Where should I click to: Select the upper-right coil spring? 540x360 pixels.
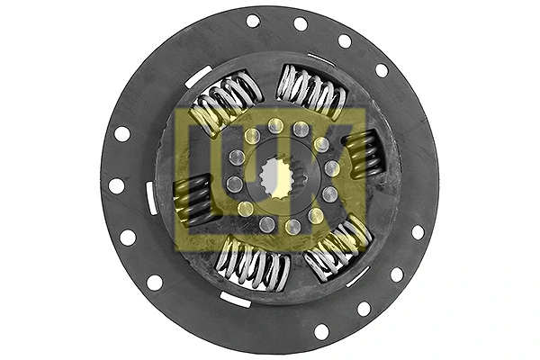click(310, 91)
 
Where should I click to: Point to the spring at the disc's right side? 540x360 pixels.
click(362, 153)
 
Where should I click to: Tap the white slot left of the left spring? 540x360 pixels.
click(151, 198)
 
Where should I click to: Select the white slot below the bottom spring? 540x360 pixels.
click(235, 300)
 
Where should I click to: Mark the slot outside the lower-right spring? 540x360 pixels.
click(357, 276)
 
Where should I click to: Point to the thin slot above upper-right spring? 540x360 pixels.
click(321, 59)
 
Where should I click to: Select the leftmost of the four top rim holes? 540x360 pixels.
click(253, 21)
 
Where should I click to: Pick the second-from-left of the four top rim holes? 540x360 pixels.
click(301, 23)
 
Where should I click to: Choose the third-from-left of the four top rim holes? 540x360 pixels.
click(345, 40)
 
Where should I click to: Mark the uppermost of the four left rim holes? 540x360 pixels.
click(122, 133)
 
